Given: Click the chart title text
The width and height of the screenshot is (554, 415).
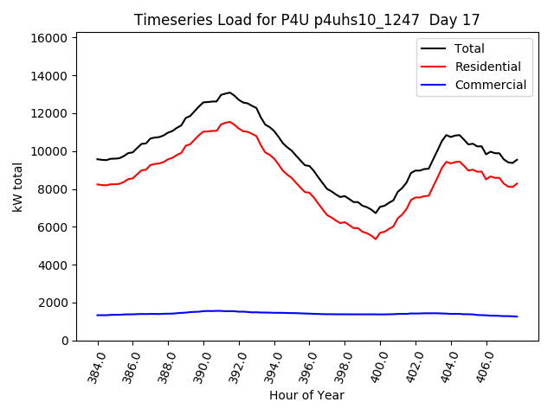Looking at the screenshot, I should [x=307, y=19].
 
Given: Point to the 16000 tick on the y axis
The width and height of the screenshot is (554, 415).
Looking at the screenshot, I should [x=49, y=38].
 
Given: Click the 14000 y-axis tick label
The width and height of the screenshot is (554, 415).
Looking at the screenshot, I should [x=49, y=76].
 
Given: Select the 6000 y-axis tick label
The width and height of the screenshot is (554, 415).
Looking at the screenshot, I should [x=53, y=227].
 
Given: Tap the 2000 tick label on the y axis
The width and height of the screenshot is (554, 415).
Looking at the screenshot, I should [x=53, y=303].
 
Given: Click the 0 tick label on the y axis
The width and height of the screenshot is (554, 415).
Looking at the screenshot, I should [x=64, y=341].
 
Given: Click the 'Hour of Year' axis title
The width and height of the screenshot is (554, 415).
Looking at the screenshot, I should [x=306, y=395].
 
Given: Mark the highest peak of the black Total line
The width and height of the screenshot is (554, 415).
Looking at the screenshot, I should [x=229, y=92].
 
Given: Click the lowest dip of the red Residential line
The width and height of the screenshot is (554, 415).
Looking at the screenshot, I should [x=376, y=239].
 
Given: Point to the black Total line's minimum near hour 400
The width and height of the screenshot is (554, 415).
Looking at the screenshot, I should [x=376, y=213].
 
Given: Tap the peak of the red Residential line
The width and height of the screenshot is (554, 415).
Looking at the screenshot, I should [x=229, y=122].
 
